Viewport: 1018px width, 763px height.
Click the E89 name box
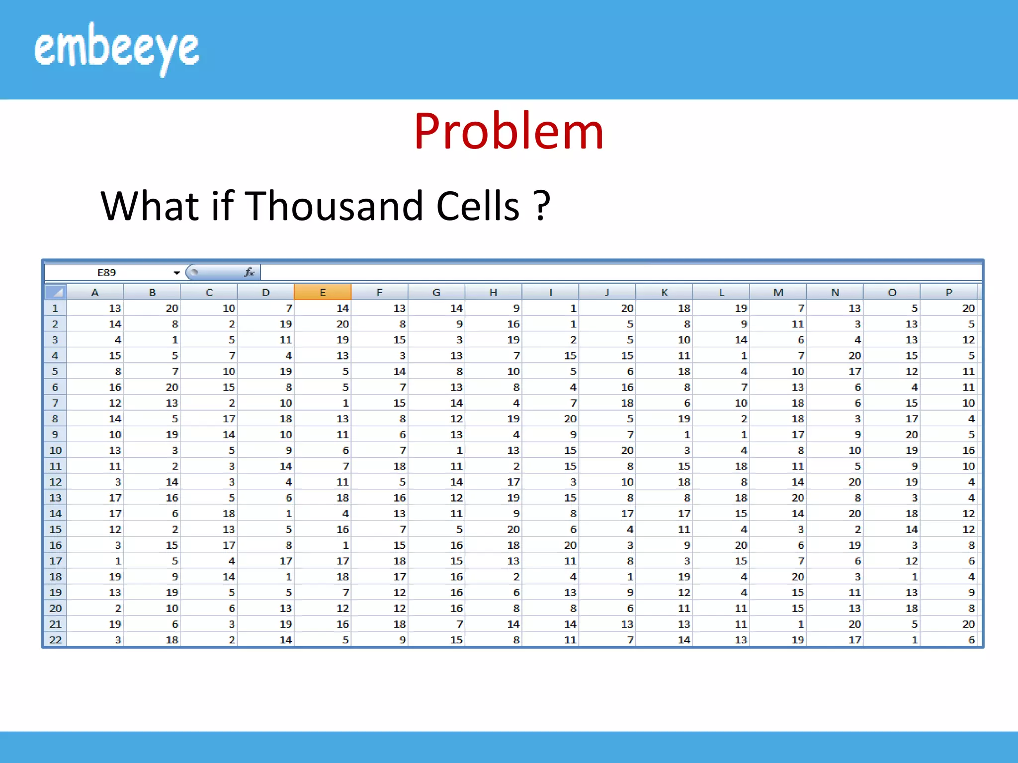click(x=106, y=273)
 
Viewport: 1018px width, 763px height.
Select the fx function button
click(x=249, y=272)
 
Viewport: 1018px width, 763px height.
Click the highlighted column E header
click(x=323, y=293)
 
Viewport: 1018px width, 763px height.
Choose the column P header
click(x=948, y=293)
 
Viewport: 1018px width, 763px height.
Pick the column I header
click(x=550, y=293)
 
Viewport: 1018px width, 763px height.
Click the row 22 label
click(x=55, y=640)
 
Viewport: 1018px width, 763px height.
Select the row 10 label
click(x=55, y=451)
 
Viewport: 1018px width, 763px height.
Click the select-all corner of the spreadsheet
click(x=56, y=292)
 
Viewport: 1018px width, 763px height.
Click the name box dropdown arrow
click(x=176, y=273)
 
